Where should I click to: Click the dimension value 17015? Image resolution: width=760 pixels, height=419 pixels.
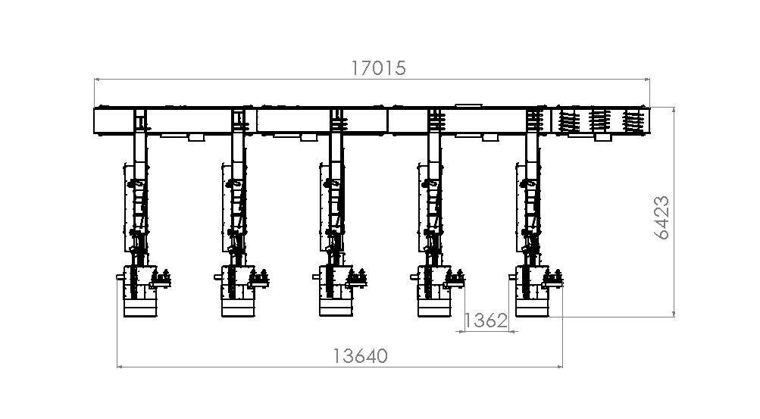click(x=379, y=68)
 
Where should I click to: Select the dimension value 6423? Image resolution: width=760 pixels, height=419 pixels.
click(x=662, y=217)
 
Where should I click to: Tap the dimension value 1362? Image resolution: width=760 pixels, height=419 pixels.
click(x=486, y=321)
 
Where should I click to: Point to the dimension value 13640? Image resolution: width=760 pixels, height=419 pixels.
click(x=360, y=356)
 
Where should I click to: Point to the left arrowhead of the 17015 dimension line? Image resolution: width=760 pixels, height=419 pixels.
click(x=97, y=79)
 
